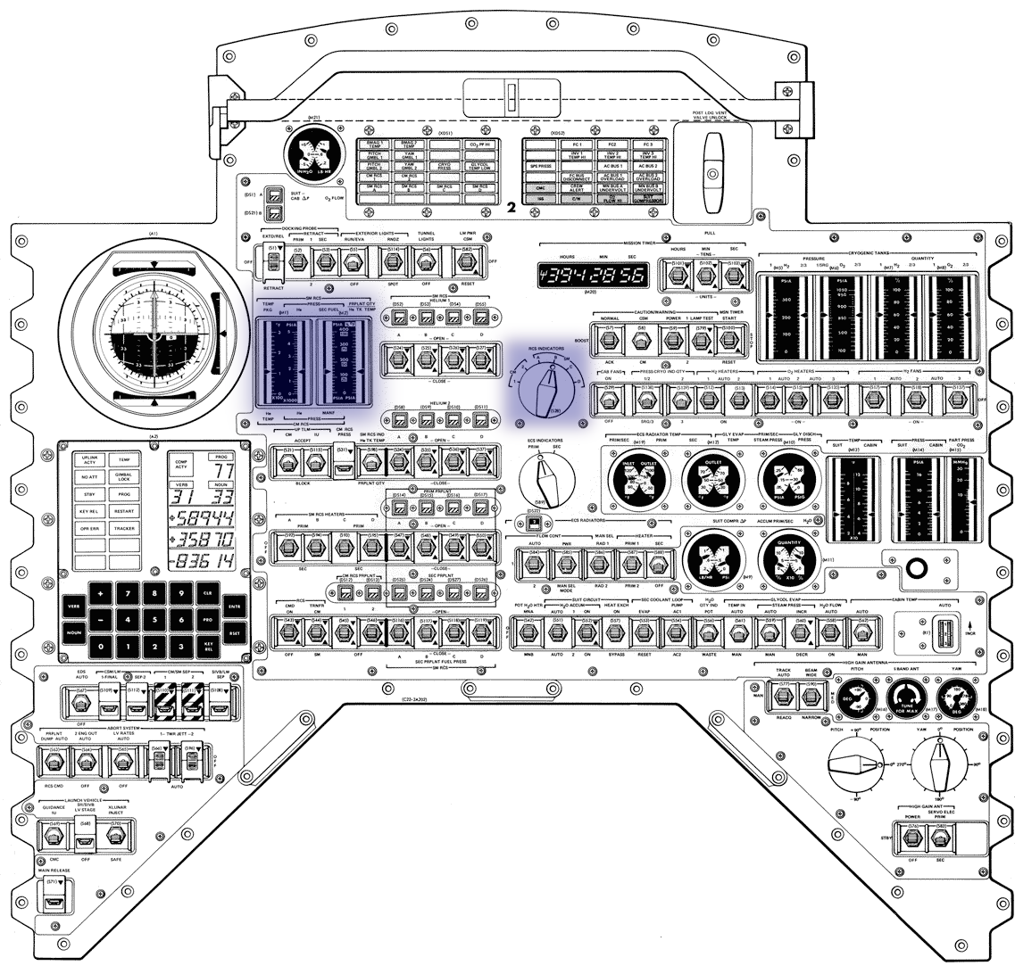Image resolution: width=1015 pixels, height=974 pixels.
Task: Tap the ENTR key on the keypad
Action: (x=237, y=607)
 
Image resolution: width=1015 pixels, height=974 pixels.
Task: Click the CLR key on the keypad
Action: (x=208, y=593)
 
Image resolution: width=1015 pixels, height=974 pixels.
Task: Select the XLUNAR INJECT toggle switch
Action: (x=112, y=835)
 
